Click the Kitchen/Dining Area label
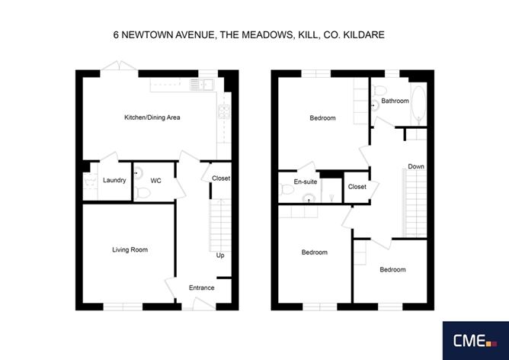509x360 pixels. click(152, 117)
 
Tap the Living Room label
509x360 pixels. click(130, 249)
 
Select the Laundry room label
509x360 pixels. click(114, 180)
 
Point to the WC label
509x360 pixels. click(155, 181)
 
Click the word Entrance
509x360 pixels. click(202, 288)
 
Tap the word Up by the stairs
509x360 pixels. click(220, 256)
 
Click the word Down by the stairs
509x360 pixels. click(416, 166)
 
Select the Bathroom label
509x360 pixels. click(395, 101)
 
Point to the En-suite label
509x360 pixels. click(305, 182)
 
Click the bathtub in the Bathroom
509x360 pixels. click(418, 105)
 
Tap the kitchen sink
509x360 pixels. click(202, 85)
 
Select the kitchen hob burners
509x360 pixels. click(224, 111)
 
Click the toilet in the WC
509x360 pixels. click(142, 194)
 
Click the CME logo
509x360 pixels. click(475, 340)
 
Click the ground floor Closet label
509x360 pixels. click(221, 178)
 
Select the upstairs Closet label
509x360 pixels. click(357, 187)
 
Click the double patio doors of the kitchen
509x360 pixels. click(119, 66)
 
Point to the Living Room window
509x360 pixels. click(123, 307)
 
